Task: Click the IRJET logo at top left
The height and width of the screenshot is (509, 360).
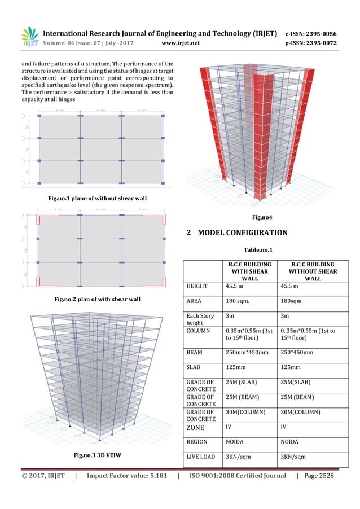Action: pos(29,36)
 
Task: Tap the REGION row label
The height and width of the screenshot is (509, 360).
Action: pos(199,441)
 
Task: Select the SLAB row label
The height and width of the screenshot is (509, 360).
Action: pos(195,367)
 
